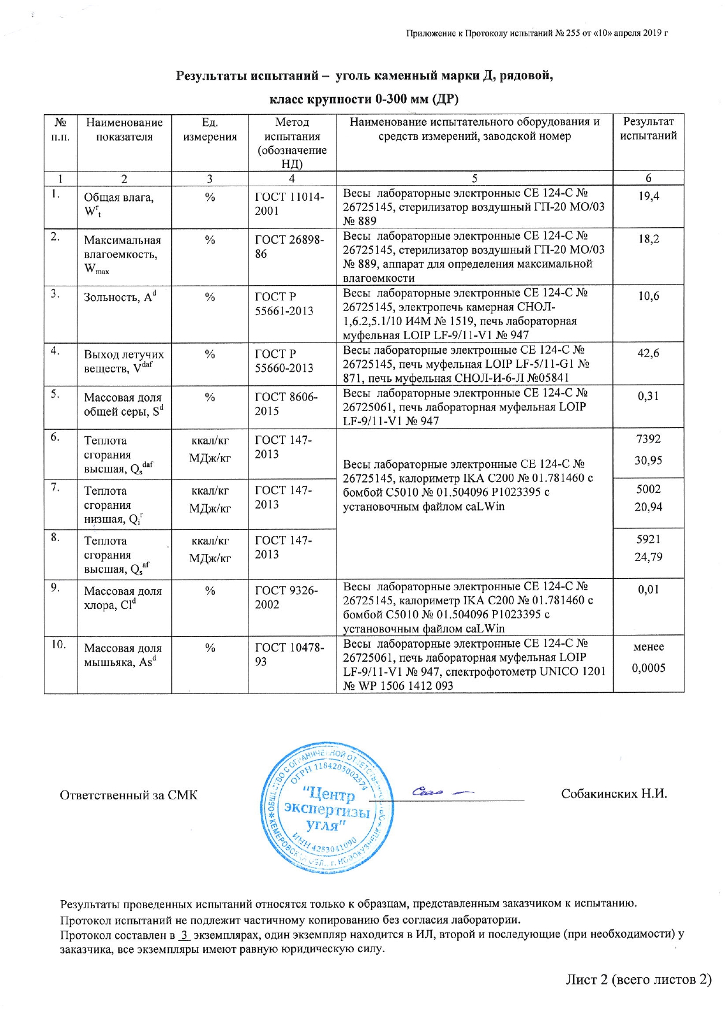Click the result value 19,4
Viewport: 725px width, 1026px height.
[648, 196]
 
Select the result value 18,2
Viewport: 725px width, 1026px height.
[648, 239]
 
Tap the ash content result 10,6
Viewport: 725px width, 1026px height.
[648, 296]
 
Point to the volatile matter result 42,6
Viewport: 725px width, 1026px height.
[648, 353]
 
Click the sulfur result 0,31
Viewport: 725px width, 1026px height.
[648, 396]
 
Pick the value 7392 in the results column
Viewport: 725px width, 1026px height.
[648, 439]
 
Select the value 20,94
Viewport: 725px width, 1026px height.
[648, 507]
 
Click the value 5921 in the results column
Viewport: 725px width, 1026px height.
[648, 539]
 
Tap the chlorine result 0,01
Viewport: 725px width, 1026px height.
[648, 590]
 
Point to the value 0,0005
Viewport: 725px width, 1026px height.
[648, 668]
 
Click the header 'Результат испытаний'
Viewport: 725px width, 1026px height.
[648, 129]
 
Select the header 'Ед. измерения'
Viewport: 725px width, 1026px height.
[210, 129]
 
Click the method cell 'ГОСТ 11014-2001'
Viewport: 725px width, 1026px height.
[289, 204]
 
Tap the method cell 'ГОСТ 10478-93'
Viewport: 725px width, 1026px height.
[289, 655]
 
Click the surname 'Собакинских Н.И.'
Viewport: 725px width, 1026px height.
[614, 794]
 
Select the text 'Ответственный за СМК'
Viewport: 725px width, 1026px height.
[128, 795]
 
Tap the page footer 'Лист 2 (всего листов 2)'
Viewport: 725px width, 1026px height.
[638, 980]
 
